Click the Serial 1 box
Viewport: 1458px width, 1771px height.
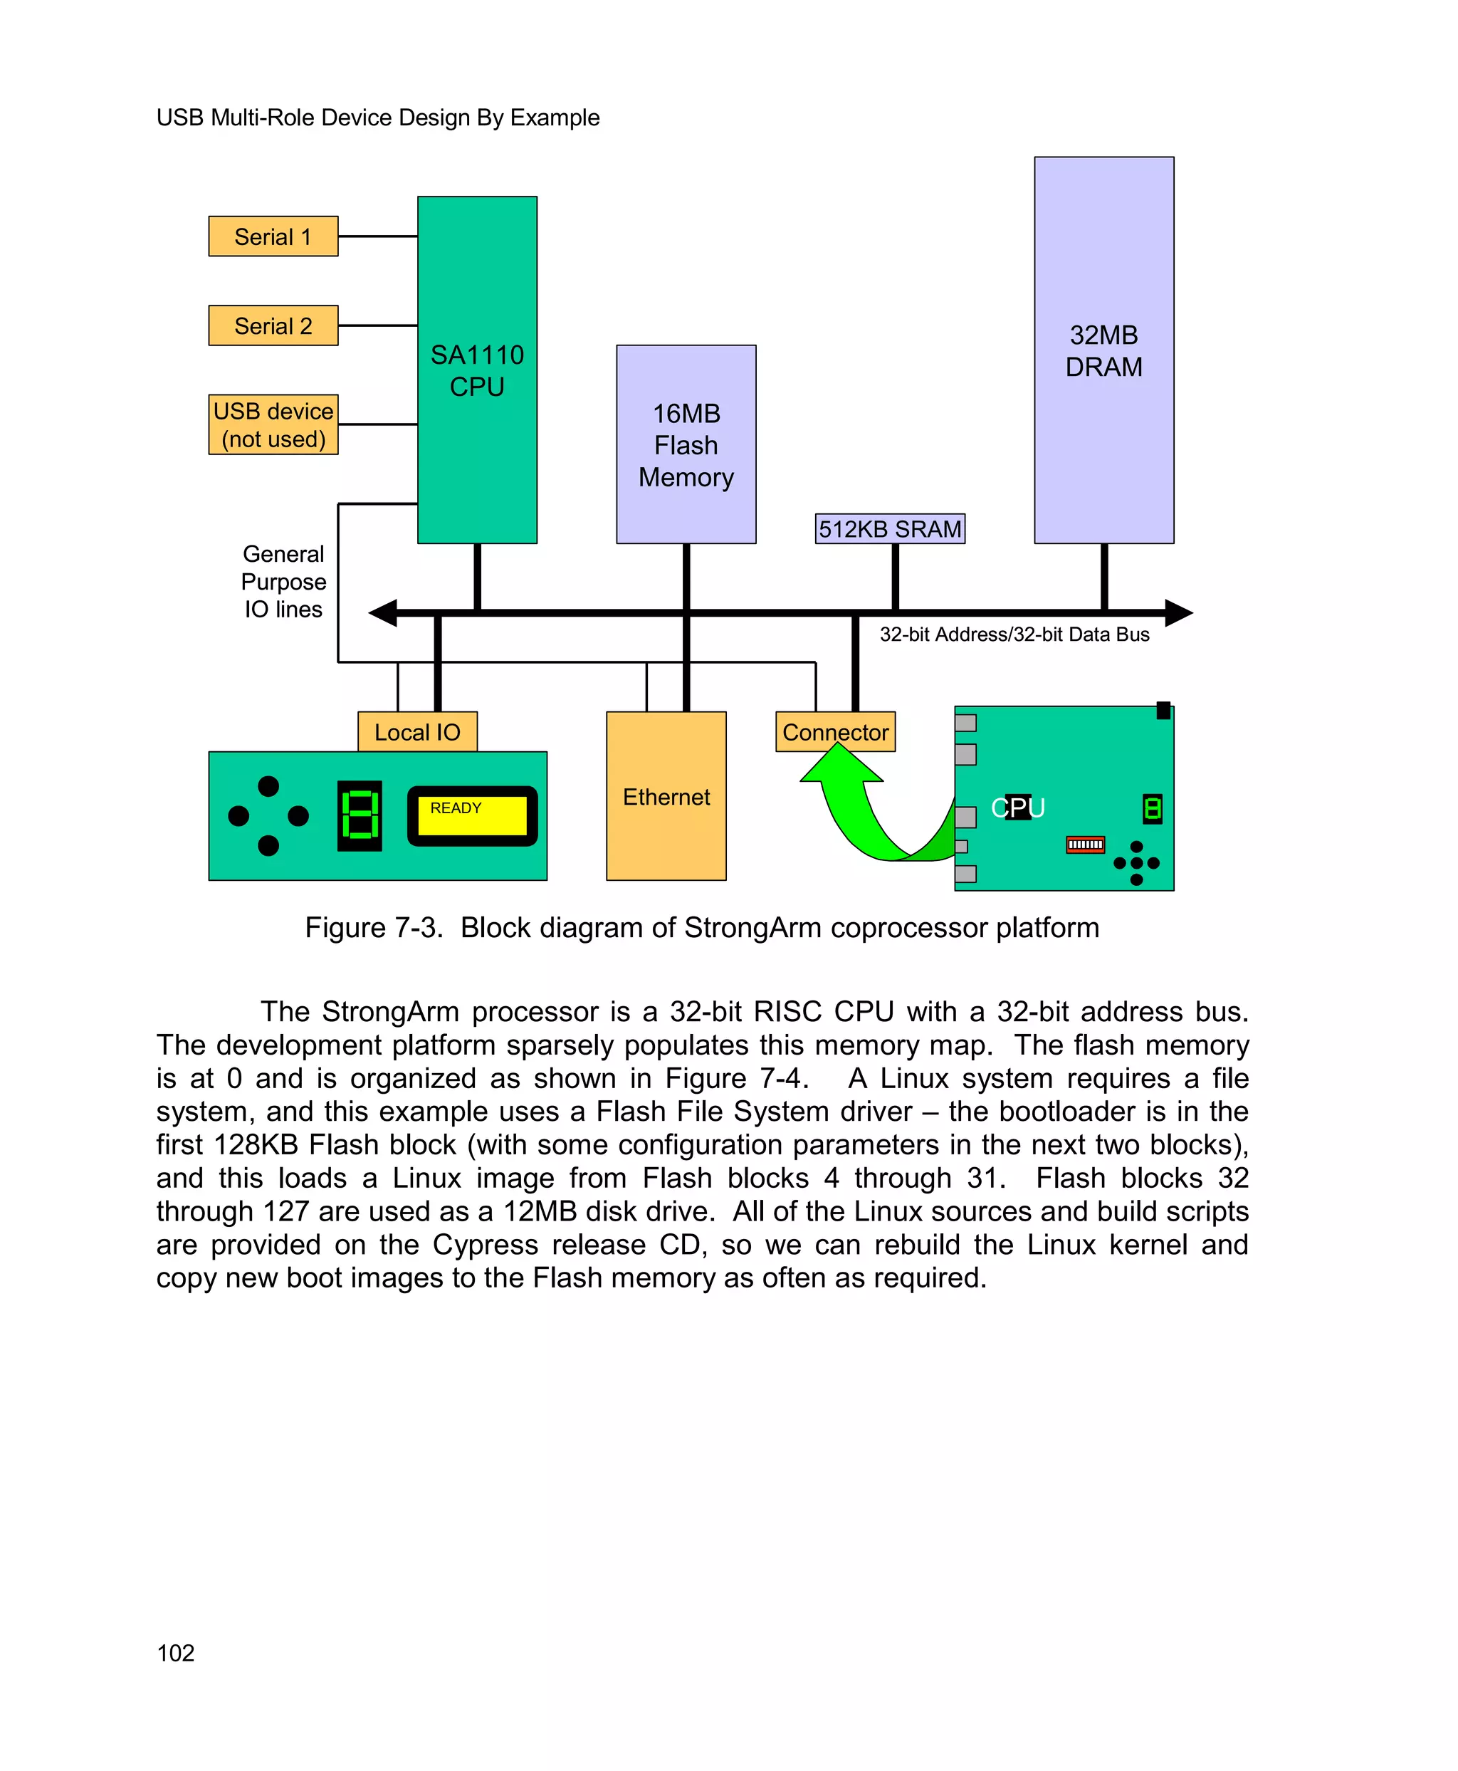[x=273, y=236]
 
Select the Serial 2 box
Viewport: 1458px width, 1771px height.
[x=273, y=325]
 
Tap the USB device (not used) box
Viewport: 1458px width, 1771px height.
[x=273, y=424]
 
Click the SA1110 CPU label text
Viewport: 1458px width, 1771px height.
[x=477, y=370]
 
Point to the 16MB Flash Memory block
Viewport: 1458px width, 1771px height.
[x=686, y=444]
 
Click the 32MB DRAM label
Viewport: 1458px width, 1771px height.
[x=1103, y=350]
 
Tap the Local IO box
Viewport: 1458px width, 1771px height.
[x=416, y=732]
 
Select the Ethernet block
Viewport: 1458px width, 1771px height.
[x=666, y=795]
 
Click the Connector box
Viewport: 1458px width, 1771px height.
[x=835, y=732]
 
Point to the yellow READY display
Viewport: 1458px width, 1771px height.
[x=472, y=815]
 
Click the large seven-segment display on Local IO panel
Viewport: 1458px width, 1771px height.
[x=360, y=815]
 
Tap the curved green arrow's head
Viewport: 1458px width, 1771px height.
[x=840, y=765]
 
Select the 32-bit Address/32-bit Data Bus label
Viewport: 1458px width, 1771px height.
[x=1014, y=634]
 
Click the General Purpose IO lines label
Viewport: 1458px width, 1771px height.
[x=283, y=581]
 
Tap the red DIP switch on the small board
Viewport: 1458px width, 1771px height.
[x=1084, y=844]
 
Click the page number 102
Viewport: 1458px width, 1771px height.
[x=176, y=1653]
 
